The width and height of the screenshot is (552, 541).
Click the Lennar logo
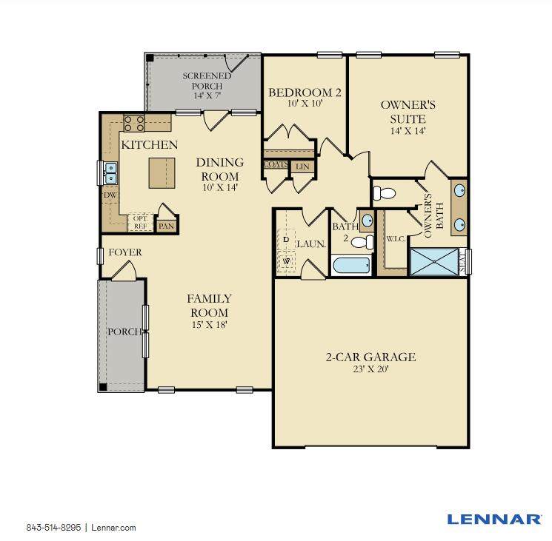pyautogui.click(x=494, y=519)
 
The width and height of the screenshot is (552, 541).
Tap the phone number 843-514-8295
pyautogui.click(x=53, y=527)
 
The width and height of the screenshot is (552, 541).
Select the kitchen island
pyautogui.click(x=162, y=173)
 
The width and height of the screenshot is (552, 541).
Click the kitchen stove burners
pyautogui.click(x=134, y=123)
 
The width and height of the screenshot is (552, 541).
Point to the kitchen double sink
pyautogui.click(x=110, y=173)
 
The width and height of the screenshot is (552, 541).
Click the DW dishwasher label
pyautogui.click(x=110, y=195)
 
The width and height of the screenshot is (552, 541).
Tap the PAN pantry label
pyautogui.click(x=167, y=226)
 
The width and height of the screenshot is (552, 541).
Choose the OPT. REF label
pyautogui.click(x=141, y=223)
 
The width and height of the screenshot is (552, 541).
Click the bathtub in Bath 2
pyautogui.click(x=352, y=266)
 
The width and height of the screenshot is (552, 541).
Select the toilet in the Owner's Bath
pyautogui.click(x=384, y=192)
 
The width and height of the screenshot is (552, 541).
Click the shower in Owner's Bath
pyautogui.click(x=434, y=261)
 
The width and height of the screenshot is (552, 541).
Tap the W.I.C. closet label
pyautogui.click(x=396, y=239)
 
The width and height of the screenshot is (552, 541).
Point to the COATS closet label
pyautogui.click(x=276, y=164)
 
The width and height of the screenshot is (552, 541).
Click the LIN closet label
pyautogui.click(x=302, y=167)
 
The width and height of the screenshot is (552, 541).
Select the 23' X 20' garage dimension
pyautogui.click(x=370, y=369)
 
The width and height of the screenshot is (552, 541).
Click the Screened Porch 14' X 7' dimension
pyautogui.click(x=207, y=95)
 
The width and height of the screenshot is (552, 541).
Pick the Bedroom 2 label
pyautogui.click(x=305, y=93)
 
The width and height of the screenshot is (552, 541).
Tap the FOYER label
pyautogui.click(x=125, y=252)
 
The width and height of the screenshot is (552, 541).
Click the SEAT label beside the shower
pyautogui.click(x=462, y=261)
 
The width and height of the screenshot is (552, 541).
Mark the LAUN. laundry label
pyautogui.click(x=311, y=243)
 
